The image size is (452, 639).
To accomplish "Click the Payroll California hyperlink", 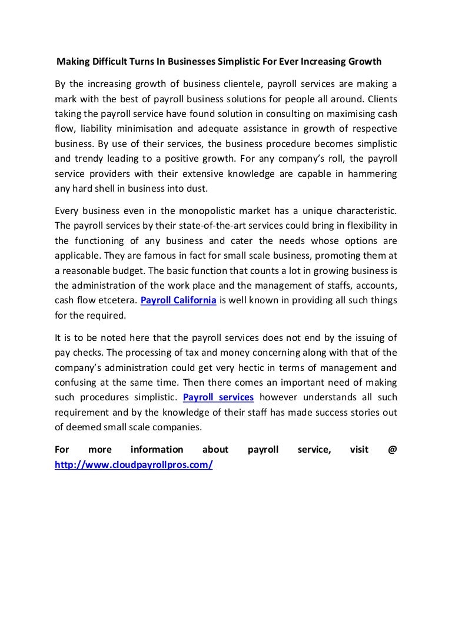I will click(179, 300).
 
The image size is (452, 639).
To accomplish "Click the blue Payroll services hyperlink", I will click(218, 397).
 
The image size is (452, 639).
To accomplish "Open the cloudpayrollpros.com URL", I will click(133, 464).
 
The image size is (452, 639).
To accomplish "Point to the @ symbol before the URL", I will click(393, 450).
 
